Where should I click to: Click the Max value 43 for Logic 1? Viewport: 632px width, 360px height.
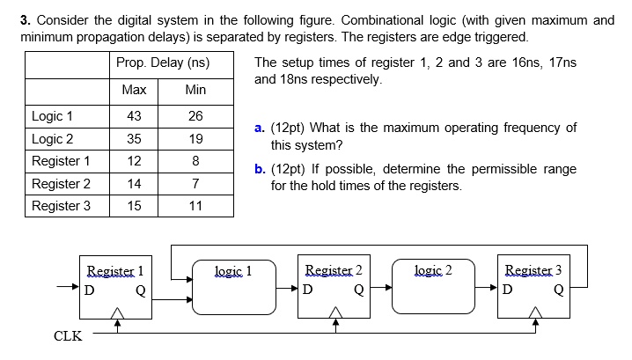(x=134, y=116)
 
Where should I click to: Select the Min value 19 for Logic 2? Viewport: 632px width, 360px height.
(x=195, y=138)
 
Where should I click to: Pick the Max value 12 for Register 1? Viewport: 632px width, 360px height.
(x=134, y=161)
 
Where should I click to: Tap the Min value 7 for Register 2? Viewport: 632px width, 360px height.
(x=195, y=184)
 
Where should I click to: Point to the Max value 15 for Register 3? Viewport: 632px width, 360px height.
(x=134, y=206)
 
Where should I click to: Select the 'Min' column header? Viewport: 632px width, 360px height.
(x=195, y=90)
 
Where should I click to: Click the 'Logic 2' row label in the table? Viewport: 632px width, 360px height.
(x=53, y=138)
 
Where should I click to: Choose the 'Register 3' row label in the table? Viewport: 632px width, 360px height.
(x=61, y=206)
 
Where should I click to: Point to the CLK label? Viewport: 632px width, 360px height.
(x=69, y=336)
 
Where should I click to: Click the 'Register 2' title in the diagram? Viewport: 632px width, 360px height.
(x=334, y=270)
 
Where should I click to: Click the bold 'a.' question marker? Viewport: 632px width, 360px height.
(x=259, y=128)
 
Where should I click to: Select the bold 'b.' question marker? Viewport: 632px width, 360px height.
(x=259, y=168)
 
